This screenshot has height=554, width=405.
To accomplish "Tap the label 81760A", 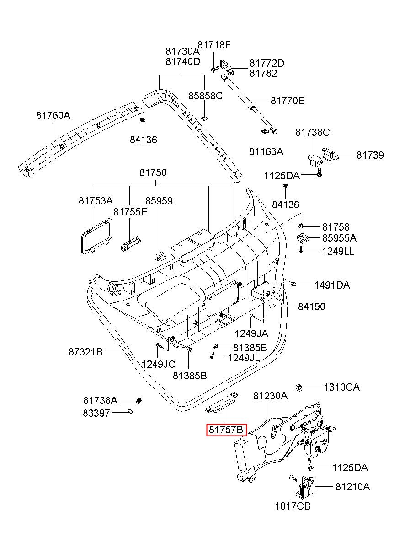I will coord(53,116).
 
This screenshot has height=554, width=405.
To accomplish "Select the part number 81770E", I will coord(287,101).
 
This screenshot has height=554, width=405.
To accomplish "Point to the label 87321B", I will coord(85,352).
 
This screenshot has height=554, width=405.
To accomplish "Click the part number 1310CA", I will coord(341,387).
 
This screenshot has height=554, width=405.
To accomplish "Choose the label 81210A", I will coord(352,487).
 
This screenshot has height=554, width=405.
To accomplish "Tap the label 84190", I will coord(312,307).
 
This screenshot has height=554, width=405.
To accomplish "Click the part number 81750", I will coord(153,173).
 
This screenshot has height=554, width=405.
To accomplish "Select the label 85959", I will coord(159,200).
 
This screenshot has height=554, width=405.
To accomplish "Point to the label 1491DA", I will coord(332,285).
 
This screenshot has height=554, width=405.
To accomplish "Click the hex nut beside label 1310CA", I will coord(299,387).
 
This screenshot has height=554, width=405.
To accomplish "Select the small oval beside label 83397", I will coord(130,411).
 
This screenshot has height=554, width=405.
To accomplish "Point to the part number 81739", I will coord(370,155).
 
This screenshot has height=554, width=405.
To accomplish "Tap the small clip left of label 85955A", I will coord(303,237).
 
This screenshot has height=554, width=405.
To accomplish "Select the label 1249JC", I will coord(158,364).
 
